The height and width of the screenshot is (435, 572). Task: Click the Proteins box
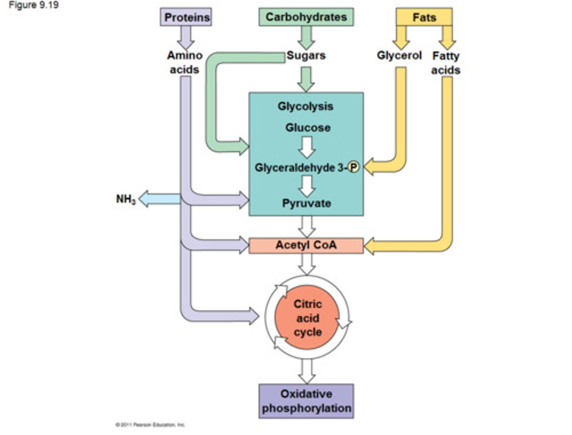186,17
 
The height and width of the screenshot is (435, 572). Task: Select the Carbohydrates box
306,17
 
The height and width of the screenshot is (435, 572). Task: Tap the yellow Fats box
424,17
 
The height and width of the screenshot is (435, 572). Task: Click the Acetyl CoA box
306,245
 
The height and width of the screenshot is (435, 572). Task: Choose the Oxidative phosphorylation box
306,401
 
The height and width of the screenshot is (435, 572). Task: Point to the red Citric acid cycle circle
307,318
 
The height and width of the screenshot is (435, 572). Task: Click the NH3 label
126,199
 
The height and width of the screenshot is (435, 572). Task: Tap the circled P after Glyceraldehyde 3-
353,168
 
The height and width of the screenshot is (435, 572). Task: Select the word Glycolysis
305,106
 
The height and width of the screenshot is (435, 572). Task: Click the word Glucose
307,128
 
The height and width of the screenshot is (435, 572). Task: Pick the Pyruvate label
306,203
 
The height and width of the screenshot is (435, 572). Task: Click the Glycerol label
399,55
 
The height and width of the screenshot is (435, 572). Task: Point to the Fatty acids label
446,63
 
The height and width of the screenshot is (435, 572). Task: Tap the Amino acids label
184,62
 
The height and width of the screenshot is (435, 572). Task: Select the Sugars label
306,55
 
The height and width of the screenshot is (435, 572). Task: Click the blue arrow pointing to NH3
159,199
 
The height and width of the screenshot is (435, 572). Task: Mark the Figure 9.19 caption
34,6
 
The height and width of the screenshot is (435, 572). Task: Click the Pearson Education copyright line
150,425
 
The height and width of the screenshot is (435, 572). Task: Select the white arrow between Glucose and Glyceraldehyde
307,147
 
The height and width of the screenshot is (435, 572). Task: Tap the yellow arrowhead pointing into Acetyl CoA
371,246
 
